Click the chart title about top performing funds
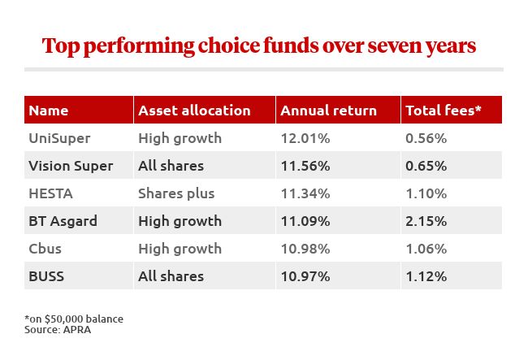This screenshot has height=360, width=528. point(258,46)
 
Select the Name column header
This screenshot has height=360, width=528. point(48,111)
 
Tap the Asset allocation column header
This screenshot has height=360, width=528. point(194,111)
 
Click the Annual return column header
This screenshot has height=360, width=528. point(327,111)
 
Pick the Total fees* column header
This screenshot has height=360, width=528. point(444,111)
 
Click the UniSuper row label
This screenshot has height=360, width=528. point(61,138)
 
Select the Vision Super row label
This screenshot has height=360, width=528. point(71,166)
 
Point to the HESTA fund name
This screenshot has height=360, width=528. point(50,193)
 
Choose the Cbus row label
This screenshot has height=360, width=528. point(45,249)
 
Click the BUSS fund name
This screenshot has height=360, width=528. point(46,276)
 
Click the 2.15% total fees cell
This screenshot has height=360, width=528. point(426,221)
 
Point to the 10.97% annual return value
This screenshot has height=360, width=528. point(304,276)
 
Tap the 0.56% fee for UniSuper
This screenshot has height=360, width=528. point(426,138)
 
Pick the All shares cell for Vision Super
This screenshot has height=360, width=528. point(171,166)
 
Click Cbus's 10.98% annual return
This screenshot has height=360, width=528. point(304,249)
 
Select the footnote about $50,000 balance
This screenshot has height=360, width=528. point(74,318)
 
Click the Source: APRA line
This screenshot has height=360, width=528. point(58,329)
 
